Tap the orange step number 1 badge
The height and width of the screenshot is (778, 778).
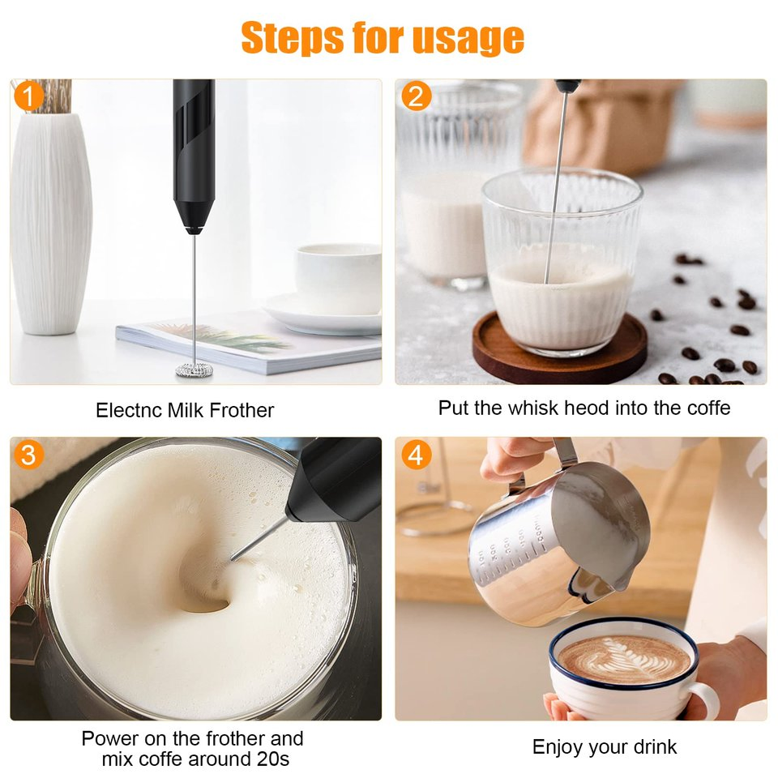[x=28, y=97]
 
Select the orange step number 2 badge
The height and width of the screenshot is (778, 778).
[x=416, y=97]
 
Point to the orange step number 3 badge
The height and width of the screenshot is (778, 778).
[x=28, y=455]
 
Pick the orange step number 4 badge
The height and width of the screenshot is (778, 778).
[x=416, y=455]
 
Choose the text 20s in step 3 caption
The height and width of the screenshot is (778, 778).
[x=275, y=759]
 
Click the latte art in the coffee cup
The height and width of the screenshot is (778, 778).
[x=625, y=657]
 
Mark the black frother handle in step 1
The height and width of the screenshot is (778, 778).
[x=193, y=154]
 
